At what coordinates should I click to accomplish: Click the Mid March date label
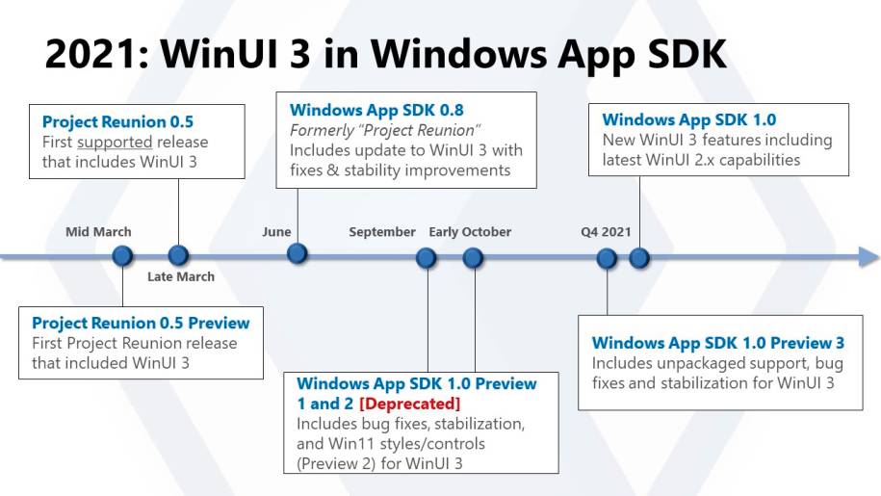point(98,232)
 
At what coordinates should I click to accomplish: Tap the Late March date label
point(181,277)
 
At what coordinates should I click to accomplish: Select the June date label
point(276,232)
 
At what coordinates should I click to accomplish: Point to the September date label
point(382,232)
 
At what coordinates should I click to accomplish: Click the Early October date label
point(470,232)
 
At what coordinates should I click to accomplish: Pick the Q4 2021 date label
point(606,232)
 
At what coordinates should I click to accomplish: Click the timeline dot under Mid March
point(122,256)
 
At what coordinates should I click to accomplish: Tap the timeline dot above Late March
point(179,255)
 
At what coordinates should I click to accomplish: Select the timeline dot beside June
point(298,253)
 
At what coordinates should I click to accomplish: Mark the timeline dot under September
point(427,258)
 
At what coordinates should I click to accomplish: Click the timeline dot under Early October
point(473,258)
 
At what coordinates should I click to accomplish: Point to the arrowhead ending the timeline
point(869,257)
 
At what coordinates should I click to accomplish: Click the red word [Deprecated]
point(409,404)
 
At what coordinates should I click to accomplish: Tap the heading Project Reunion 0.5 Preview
point(141,323)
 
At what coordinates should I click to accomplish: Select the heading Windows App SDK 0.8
point(376,110)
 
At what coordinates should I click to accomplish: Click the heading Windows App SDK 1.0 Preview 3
point(718,343)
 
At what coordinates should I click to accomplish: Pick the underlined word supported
point(115,143)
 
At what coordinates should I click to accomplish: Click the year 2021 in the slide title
point(96,54)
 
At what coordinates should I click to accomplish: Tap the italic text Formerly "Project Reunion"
point(385,131)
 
